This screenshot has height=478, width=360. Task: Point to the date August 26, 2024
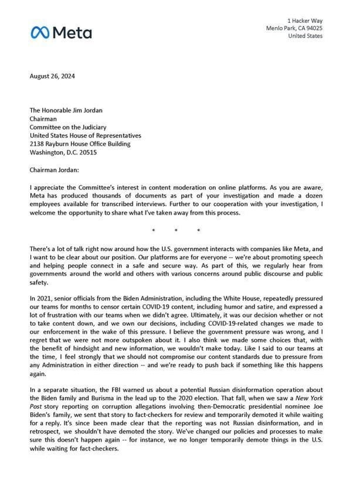pos(52,76)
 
